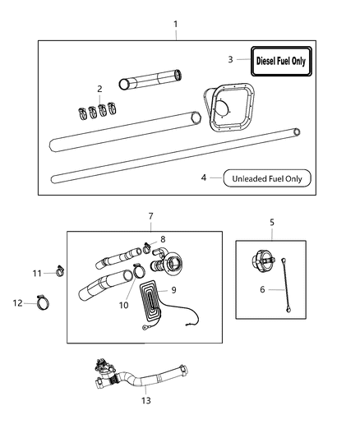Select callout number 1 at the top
click(174, 25)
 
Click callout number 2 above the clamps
click(99, 89)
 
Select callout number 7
click(150, 216)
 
